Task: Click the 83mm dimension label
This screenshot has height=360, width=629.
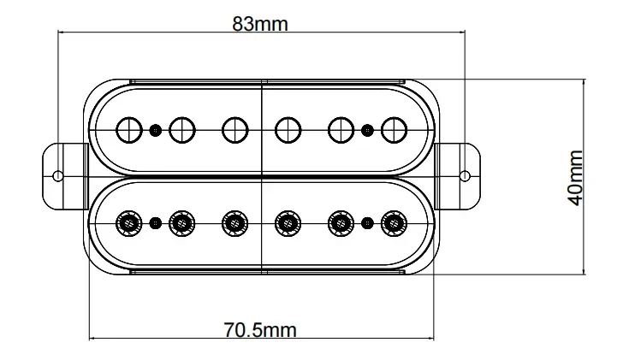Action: point(260,24)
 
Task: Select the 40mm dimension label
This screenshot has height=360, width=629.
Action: point(574,177)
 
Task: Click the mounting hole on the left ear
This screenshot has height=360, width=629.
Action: point(58,176)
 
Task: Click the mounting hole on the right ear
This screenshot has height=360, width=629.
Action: point(464,176)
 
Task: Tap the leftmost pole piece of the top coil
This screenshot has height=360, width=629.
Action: point(129,130)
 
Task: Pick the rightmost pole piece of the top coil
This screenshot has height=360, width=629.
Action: point(394,130)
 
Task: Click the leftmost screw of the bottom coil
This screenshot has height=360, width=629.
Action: point(129,224)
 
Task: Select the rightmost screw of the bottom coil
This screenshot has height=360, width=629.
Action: point(394,224)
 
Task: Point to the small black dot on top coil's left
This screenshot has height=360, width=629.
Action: point(155,130)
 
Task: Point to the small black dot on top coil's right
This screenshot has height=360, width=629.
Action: point(367,130)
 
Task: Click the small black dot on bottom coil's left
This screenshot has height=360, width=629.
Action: point(155,224)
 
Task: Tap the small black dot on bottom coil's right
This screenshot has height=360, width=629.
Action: point(367,224)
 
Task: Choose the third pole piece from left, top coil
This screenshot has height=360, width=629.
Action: point(234,130)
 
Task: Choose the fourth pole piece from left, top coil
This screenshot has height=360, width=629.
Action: point(288,130)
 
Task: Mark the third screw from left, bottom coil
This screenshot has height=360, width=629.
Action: point(234,224)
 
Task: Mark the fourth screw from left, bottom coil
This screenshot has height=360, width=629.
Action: point(288,224)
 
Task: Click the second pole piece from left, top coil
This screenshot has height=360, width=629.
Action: point(181,130)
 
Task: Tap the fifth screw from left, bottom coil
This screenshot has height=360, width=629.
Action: point(341,224)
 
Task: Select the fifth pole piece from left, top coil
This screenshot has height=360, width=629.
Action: point(341,130)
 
